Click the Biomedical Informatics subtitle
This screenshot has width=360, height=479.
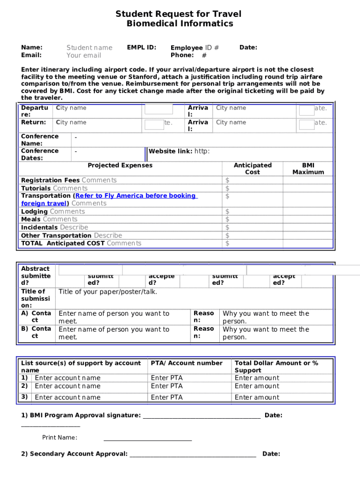click(180, 24)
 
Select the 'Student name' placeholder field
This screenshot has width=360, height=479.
click(89, 48)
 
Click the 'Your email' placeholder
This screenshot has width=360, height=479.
click(84, 55)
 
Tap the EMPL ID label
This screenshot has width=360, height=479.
click(142, 47)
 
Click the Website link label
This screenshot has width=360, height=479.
click(170, 151)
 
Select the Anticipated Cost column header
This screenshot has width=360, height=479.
click(252, 168)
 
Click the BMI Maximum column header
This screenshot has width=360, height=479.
click(308, 168)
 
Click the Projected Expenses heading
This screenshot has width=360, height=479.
click(120, 165)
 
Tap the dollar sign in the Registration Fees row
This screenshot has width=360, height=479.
click(227, 180)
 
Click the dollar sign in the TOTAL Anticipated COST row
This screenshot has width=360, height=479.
click(227, 243)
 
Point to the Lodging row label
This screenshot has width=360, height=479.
click(35, 211)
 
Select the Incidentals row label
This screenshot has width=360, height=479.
click(40, 227)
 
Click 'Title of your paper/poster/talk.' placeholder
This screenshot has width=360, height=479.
click(108, 292)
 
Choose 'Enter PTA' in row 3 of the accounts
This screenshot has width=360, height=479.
click(166, 398)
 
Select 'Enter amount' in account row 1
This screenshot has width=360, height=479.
click(257, 378)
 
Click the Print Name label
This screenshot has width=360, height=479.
click(59, 438)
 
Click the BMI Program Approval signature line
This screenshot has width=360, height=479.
click(202, 416)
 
